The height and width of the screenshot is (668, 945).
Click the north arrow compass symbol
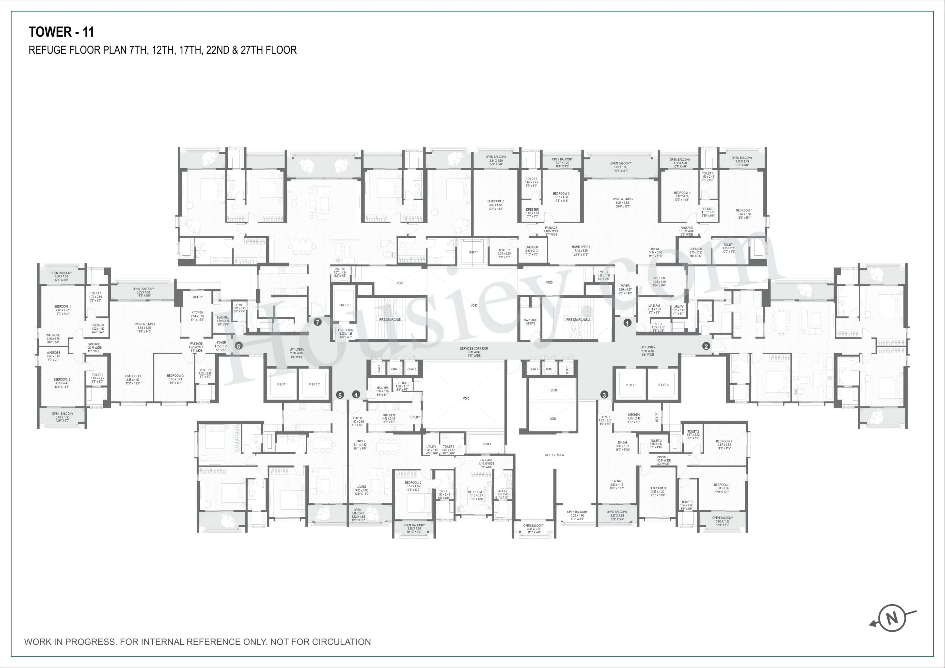point(892,619)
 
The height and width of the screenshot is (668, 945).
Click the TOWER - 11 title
point(61,32)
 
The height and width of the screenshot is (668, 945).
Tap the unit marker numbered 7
point(317,322)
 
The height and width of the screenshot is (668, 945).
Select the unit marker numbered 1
point(627,323)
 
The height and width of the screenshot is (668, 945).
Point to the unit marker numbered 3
point(604,395)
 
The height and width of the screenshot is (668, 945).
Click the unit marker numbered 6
point(238,346)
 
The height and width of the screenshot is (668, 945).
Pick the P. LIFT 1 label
point(282,384)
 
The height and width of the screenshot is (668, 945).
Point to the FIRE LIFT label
point(345,305)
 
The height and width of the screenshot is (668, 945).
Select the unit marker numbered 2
point(706,346)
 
